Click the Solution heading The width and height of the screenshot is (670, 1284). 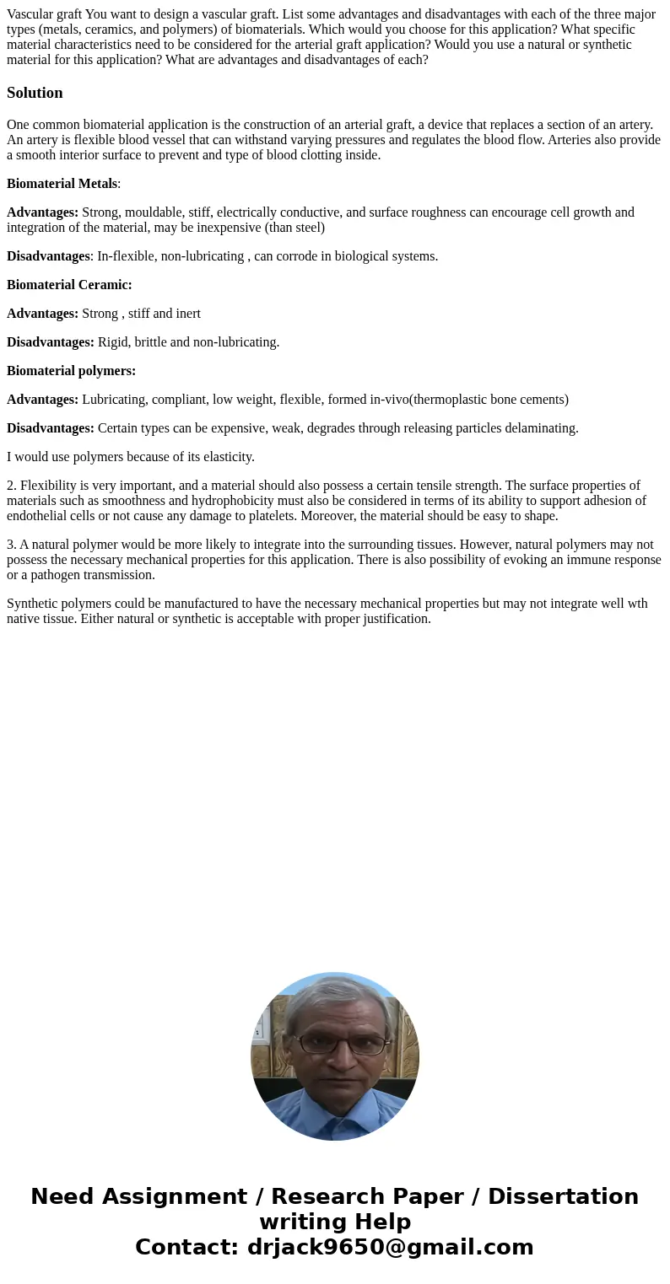tap(35, 93)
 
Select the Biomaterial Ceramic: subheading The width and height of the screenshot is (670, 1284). tap(69, 285)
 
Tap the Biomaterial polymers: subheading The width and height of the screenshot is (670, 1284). tap(71, 371)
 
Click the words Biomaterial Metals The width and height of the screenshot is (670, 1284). tap(62, 184)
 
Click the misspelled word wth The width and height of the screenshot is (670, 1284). tap(637, 604)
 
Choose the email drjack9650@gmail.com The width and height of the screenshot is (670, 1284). tap(390, 1247)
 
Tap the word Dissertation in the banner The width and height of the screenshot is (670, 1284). tap(563, 1196)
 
